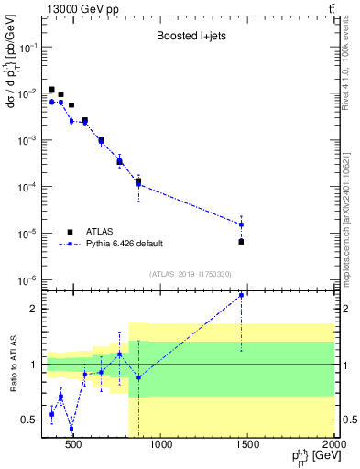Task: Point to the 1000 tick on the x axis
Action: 161,446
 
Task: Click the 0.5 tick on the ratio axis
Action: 31,420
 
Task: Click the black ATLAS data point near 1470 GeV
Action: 241,242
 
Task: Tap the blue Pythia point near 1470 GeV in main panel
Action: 241,224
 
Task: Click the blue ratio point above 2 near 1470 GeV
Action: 241,295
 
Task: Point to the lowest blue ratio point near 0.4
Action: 71,429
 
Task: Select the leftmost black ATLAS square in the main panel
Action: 51,90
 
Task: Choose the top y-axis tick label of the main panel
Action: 26,47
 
